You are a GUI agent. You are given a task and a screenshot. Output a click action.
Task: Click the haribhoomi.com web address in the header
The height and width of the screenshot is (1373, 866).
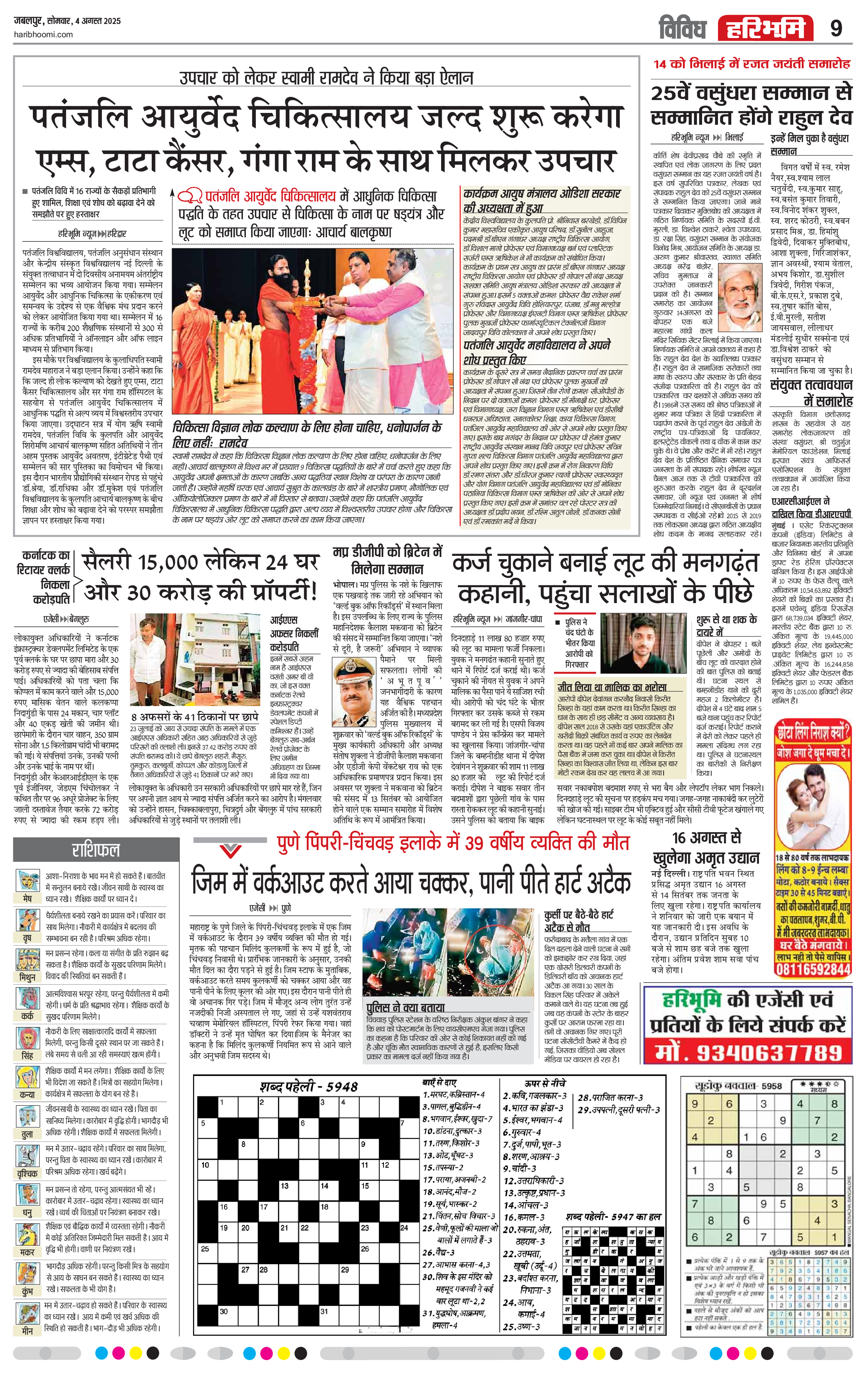pos(42,35)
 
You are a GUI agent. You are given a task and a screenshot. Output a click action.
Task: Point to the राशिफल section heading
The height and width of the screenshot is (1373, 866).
pos(95,850)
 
